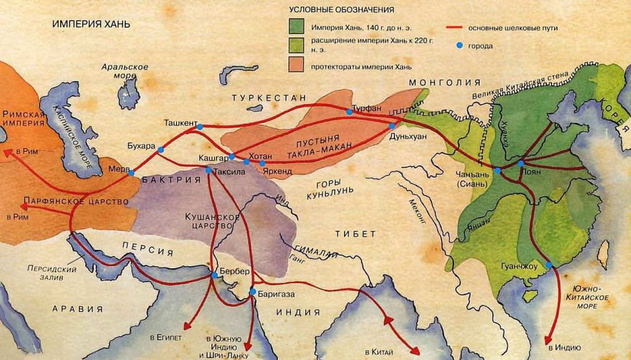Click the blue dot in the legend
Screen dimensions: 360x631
[x=460, y=46]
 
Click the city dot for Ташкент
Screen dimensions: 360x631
[x=200, y=127]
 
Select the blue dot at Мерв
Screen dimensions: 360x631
[x=131, y=173]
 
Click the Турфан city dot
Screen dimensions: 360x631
[x=350, y=112]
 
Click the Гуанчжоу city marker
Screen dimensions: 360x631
[x=548, y=266]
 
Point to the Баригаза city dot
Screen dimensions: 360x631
[x=253, y=293]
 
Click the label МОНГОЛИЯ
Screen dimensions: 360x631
[x=444, y=83]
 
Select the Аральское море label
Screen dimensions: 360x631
[x=125, y=72]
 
